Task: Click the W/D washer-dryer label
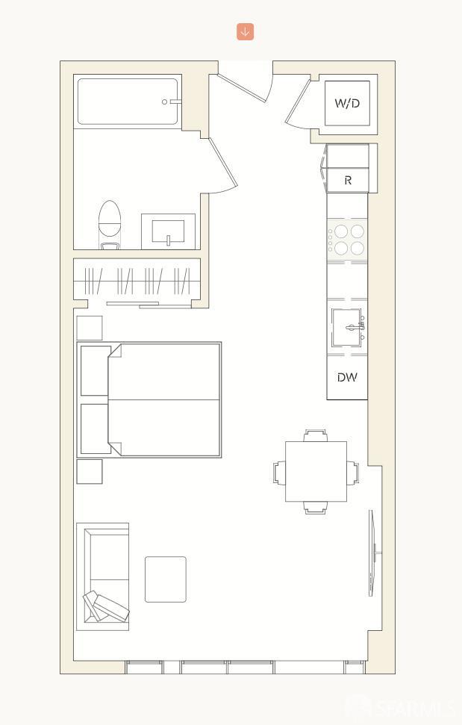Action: [347, 103]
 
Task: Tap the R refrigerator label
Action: [348, 181]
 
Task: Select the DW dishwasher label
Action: [347, 378]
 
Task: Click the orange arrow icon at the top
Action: [246, 31]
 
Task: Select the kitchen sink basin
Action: [346, 327]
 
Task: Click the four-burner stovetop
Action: [348, 240]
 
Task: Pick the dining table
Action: [316, 472]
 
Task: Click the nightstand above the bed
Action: [90, 328]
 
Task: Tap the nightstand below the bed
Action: [90, 471]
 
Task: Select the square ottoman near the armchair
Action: [165, 579]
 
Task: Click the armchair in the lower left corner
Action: [103, 576]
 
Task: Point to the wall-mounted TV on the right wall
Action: [372, 553]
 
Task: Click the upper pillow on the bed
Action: [95, 370]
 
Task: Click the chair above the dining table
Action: [316, 435]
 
